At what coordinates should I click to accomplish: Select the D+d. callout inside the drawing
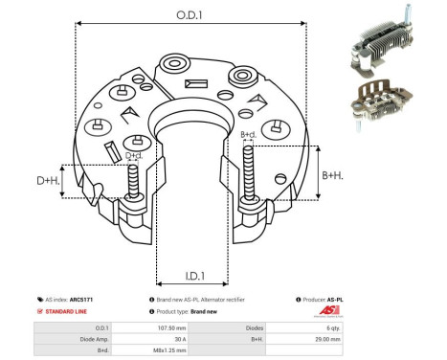click(135, 155)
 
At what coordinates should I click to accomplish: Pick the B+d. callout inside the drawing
click(248, 135)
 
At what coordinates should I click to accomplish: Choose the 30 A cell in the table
click(173, 339)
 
